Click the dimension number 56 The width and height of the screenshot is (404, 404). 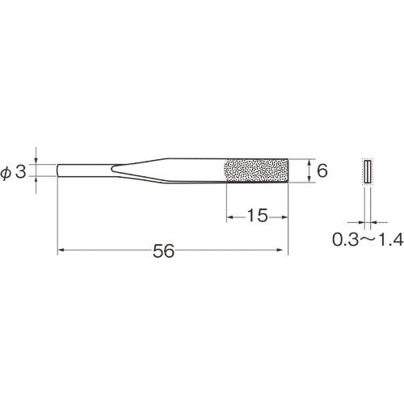pyautogui.click(x=164, y=251)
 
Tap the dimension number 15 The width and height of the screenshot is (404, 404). pyautogui.click(x=258, y=216)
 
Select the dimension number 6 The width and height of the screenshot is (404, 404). pyautogui.click(x=322, y=170)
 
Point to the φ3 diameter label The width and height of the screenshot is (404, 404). pyautogui.click(x=14, y=171)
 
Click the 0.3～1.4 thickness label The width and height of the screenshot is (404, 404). pyautogui.click(x=368, y=239)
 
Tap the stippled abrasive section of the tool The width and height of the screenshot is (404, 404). pyautogui.click(x=256, y=170)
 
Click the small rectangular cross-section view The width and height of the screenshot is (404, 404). pyautogui.click(x=368, y=171)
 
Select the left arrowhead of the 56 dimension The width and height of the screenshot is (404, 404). pyautogui.click(x=61, y=250)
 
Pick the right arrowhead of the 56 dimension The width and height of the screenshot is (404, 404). pyautogui.click(x=280, y=250)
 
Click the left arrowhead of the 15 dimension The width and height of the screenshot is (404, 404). pyautogui.click(x=229, y=217)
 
